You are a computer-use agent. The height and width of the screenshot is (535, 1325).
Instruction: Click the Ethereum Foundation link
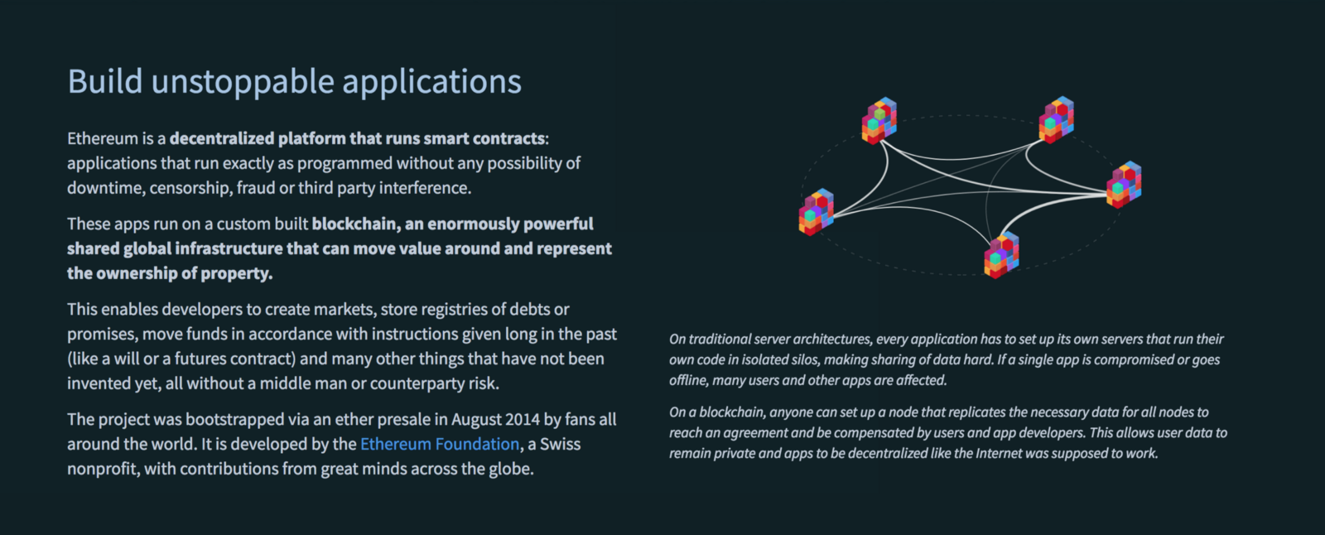click(x=440, y=444)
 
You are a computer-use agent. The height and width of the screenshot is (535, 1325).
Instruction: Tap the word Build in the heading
click(x=105, y=80)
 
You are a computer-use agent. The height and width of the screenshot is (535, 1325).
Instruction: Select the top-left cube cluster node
click(x=879, y=121)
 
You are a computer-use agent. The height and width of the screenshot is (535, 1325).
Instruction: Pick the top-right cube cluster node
click(x=1057, y=119)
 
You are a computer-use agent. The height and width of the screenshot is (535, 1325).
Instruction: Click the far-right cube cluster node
click(x=1124, y=185)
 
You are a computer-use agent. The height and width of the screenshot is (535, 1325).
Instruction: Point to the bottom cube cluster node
click(x=1001, y=255)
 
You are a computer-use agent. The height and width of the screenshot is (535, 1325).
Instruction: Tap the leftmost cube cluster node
click(x=817, y=212)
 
